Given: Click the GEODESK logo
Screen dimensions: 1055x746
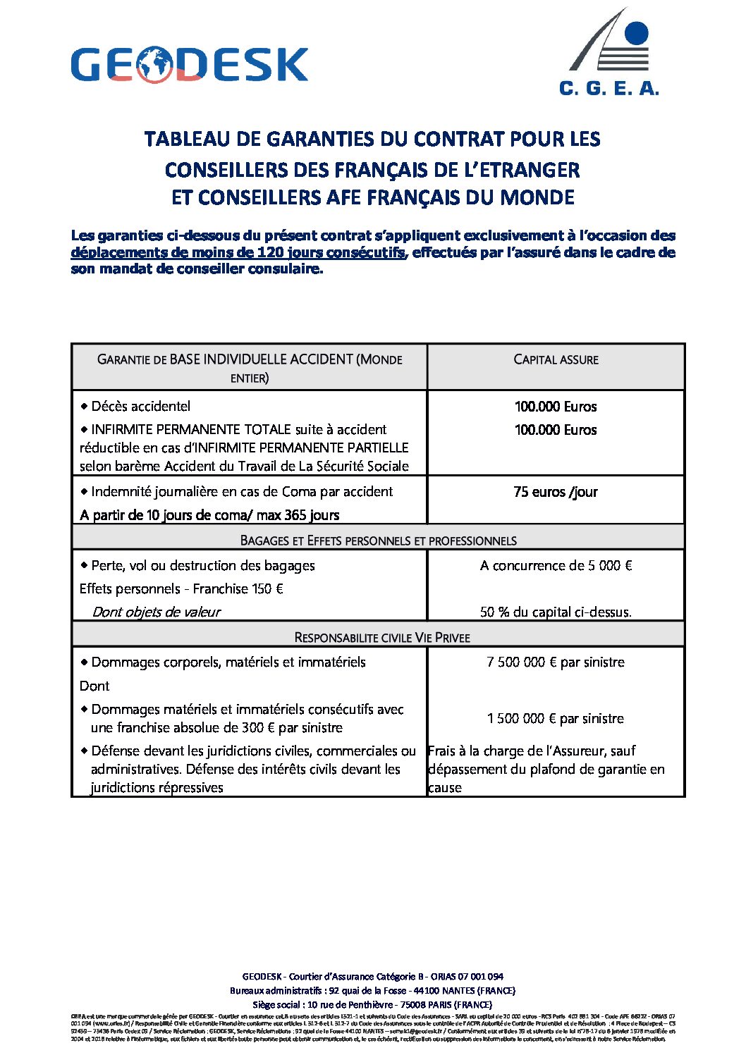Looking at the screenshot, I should coord(189,65).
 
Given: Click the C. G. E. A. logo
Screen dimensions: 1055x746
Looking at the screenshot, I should coord(609,54).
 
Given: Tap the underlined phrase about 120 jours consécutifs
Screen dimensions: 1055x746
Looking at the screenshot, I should coord(238,252).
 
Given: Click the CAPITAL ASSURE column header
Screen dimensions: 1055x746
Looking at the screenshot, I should coord(556,359).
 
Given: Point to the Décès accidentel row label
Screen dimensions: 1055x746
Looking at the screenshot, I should coord(140,406).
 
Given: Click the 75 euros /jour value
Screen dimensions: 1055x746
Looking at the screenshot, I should coord(556,492).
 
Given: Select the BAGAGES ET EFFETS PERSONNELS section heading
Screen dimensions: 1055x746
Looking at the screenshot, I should coord(378,541).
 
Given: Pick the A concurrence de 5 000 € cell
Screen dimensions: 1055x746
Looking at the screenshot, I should coord(556,565).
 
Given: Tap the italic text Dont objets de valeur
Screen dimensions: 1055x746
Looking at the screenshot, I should coord(157,612).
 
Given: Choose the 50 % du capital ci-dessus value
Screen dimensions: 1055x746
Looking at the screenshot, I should coord(556,612).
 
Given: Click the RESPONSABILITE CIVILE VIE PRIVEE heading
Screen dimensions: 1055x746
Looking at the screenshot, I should coord(381,637).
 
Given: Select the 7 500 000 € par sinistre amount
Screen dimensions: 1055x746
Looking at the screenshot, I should coord(556,662).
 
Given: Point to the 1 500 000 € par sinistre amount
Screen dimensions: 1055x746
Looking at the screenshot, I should coord(556,718).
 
